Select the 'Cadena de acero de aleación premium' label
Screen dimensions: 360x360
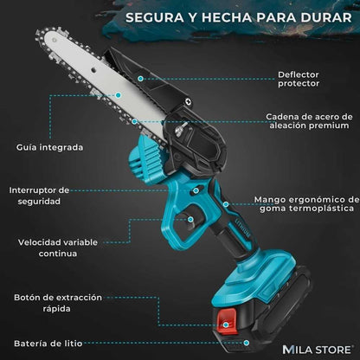(x=308, y=122)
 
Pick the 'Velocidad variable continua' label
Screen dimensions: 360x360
(x=49, y=247)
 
